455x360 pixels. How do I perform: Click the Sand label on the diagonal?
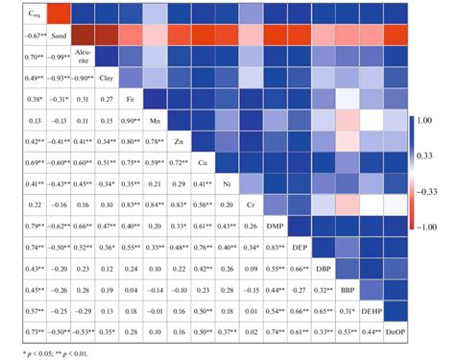(59, 36)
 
